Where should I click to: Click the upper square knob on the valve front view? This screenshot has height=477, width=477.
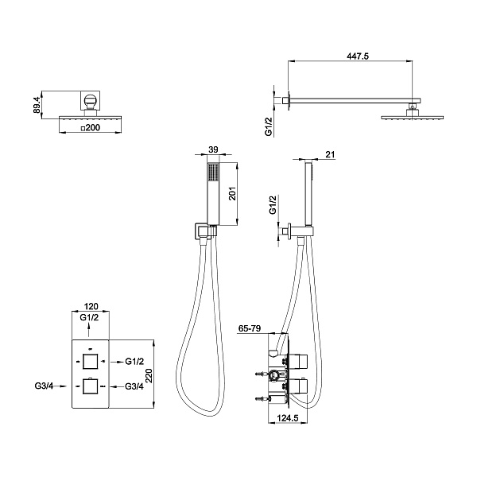point(90,362)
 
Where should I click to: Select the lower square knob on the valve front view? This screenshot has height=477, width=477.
point(90,388)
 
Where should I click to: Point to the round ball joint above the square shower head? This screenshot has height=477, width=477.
point(90,101)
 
